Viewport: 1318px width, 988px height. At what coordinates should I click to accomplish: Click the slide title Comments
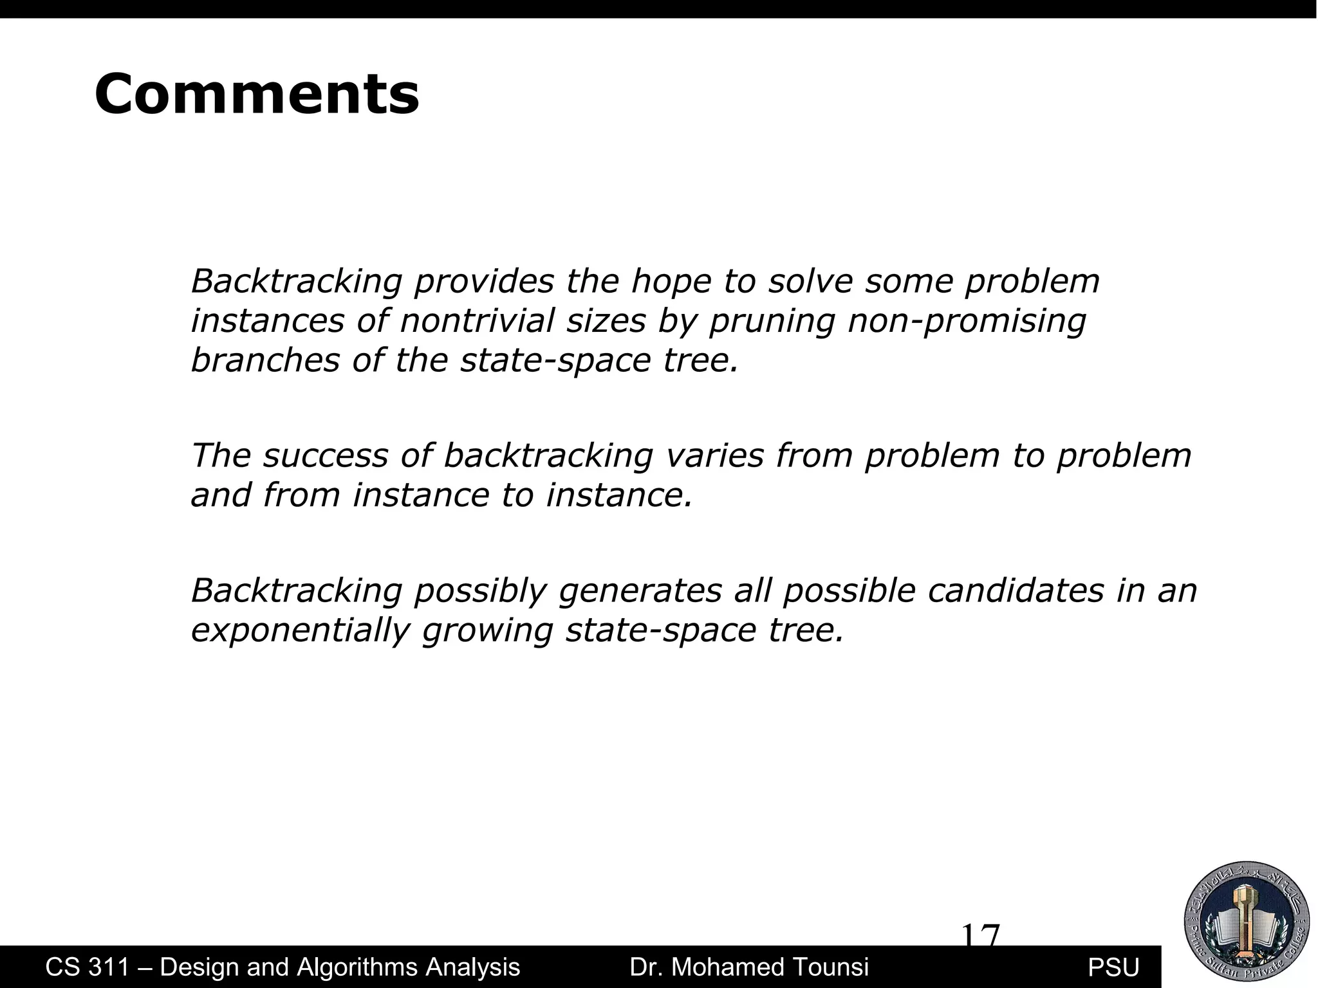tap(257, 95)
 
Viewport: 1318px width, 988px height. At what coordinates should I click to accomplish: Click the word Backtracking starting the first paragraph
tap(297, 282)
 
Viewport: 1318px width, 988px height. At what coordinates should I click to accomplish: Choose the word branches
tap(265, 360)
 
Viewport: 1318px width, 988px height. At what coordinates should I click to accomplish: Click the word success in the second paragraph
tap(325, 455)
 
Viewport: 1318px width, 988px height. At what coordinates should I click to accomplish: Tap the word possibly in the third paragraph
tap(480, 591)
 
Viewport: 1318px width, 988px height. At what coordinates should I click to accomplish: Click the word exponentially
tap(301, 630)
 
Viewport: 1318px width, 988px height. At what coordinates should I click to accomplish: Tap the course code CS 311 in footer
tap(88, 967)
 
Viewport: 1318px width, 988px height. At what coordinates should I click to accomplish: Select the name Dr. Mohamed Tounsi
tap(749, 967)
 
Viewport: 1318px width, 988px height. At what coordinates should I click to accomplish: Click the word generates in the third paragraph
tap(640, 591)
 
